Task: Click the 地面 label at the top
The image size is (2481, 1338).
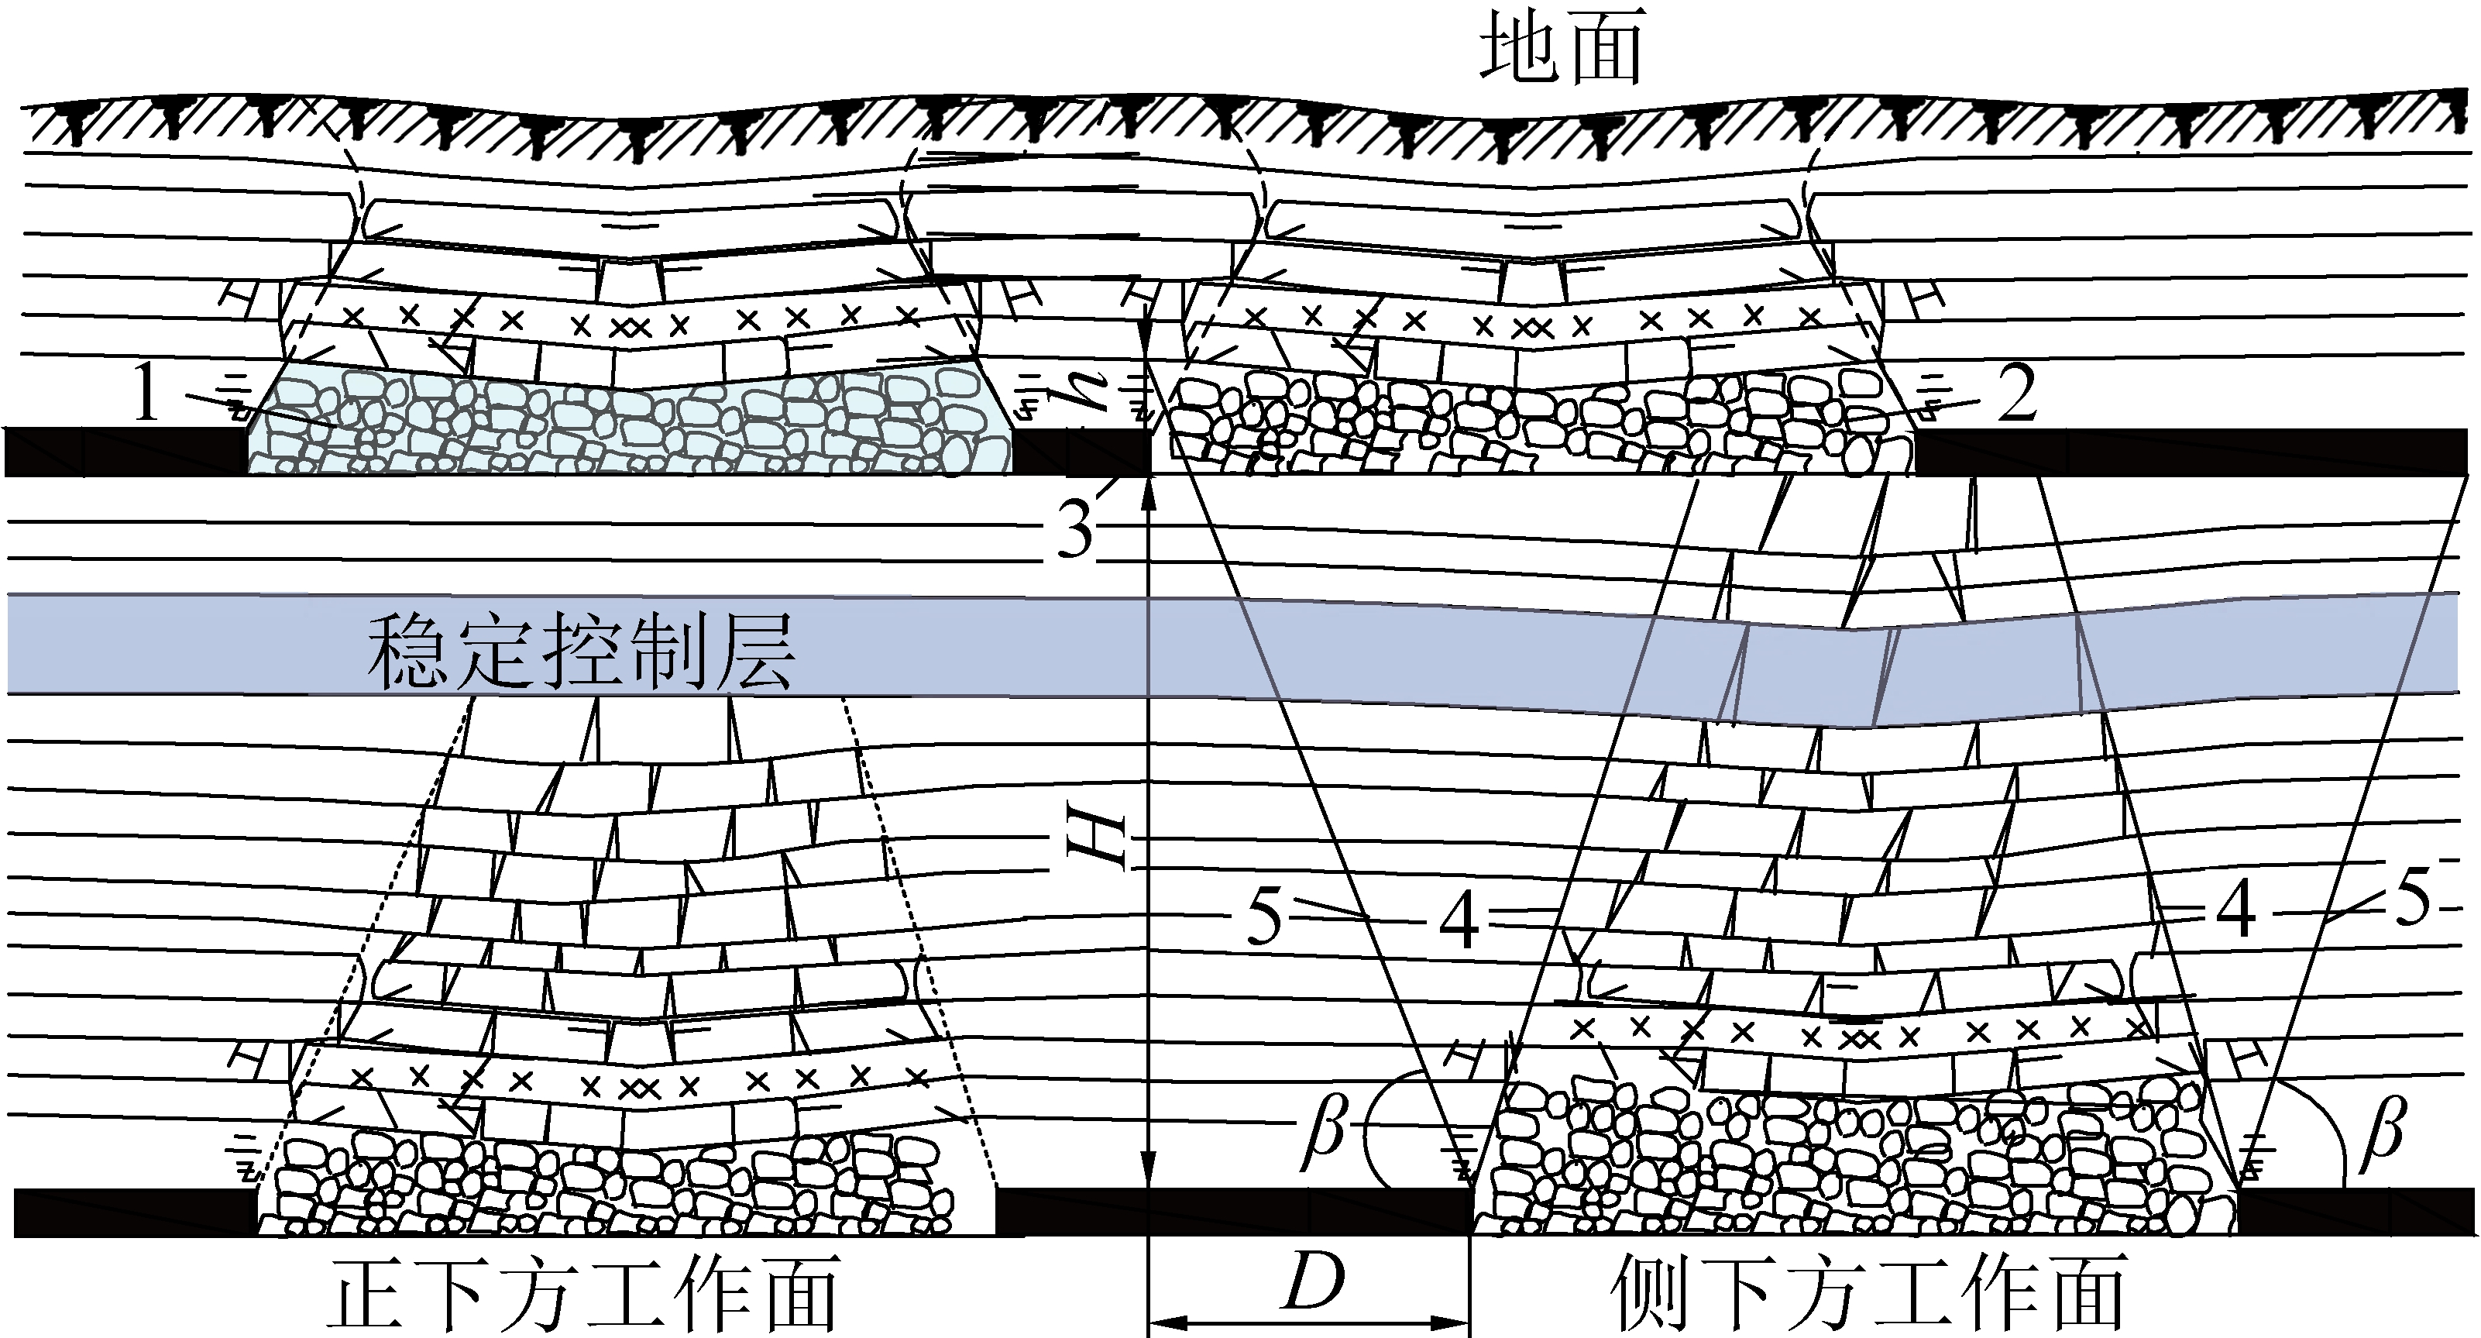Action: pos(1560,53)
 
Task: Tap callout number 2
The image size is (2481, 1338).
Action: pos(2015,395)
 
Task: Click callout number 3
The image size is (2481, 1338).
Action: pos(1076,529)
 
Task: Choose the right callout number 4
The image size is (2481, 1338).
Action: pos(2235,911)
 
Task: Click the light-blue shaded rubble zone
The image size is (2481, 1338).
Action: pos(626,424)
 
